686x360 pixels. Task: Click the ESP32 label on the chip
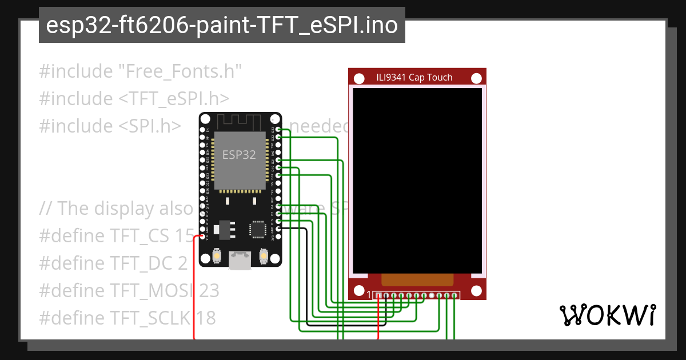(239, 155)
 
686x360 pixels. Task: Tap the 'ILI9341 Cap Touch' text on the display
(414, 78)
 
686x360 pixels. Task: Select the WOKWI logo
(607, 315)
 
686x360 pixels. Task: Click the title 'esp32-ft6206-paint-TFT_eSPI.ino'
(222, 25)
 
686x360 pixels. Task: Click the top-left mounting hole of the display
(359, 78)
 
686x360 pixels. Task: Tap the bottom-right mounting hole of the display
(476, 290)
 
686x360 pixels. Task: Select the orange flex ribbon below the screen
(417, 279)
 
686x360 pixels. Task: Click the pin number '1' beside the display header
(369, 295)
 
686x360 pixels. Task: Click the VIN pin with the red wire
(203, 236)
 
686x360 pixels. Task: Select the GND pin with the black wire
(278, 229)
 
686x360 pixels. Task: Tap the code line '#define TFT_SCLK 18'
(127, 318)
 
